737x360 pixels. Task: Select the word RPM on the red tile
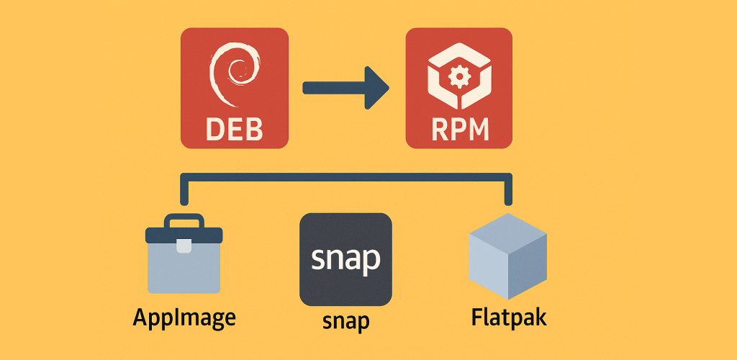click(459, 130)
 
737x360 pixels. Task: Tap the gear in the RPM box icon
click(458, 76)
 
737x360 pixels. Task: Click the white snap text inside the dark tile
click(345, 259)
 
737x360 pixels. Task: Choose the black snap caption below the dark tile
click(345, 319)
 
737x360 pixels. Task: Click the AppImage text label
click(184, 318)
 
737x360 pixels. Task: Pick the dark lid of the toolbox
click(184, 235)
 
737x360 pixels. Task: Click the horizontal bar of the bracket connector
click(345, 178)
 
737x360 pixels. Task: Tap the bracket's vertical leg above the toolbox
click(184, 191)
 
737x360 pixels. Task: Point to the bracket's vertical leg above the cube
click(508, 191)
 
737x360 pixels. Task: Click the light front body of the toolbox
click(184, 270)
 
